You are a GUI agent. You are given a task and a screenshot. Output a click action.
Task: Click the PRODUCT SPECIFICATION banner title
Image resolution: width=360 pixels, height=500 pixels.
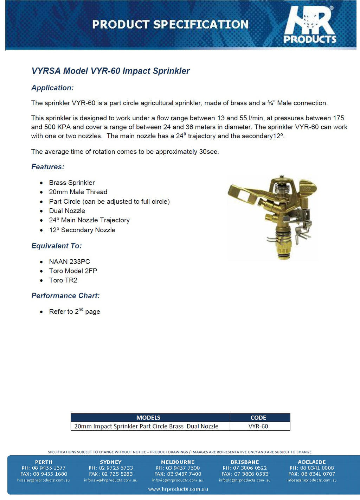click(x=170, y=24)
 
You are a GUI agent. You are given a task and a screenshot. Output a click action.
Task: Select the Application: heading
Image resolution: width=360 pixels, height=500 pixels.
click(x=52, y=88)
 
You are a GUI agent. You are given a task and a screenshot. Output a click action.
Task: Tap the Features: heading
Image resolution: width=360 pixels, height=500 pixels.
click(x=48, y=167)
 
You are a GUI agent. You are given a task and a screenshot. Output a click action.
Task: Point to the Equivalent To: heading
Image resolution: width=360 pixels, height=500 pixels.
click(x=56, y=246)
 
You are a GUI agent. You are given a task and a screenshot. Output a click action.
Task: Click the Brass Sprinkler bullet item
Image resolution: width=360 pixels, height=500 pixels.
click(x=72, y=183)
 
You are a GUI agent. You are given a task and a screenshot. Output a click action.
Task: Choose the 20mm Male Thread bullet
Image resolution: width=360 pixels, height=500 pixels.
click(x=78, y=192)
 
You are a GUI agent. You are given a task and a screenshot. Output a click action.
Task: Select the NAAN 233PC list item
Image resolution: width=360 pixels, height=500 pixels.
click(x=69, y=261)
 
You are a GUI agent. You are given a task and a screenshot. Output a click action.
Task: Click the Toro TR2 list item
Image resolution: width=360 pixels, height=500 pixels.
click(x=63, y=280)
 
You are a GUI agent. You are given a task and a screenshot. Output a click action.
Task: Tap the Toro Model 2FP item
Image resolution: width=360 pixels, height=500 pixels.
click(x=73, y=271)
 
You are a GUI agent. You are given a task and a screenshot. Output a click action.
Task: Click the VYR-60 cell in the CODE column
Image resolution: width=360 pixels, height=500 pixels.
click(x=258, y=426)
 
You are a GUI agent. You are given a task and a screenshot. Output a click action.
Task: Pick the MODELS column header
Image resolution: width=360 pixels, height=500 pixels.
click(x=148, y=418)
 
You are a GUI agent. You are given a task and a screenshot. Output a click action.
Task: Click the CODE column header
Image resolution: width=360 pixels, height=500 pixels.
click(x=258, y=418)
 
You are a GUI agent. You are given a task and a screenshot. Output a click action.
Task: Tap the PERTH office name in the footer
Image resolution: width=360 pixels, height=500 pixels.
click(x=44, y=462)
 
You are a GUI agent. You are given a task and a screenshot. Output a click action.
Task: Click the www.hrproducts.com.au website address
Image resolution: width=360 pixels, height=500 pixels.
click(x=178, y=489)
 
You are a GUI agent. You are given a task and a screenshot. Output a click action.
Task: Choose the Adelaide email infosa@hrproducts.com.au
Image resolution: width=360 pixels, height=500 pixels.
click(x=311, y=480)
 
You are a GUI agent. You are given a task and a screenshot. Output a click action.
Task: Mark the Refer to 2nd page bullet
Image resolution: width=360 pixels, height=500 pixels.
click(x=74, y=311)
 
